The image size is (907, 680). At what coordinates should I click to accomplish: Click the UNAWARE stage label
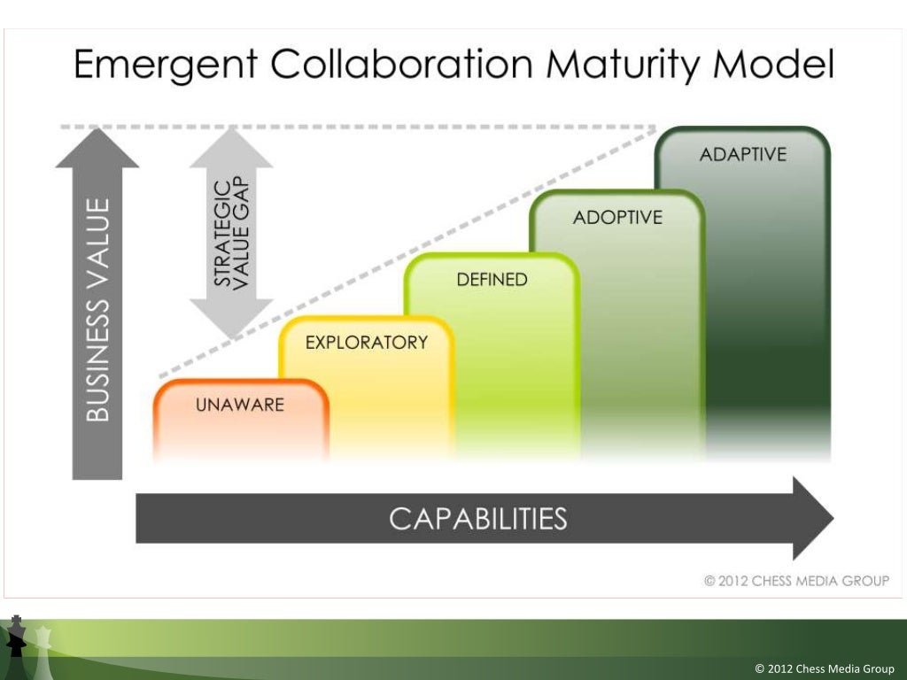point(240,406)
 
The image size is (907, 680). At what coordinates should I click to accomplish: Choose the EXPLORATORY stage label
point(366,343)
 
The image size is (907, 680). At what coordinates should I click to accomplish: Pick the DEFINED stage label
point(492,280)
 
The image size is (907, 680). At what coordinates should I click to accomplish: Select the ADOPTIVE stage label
point(617,217)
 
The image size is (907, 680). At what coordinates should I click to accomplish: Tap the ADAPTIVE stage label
point(742,154)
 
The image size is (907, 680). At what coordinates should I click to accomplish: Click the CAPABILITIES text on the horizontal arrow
point(477,518)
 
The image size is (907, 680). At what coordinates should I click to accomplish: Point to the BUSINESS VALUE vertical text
point(97,310)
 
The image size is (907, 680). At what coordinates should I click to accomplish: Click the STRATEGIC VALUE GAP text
point(232,233)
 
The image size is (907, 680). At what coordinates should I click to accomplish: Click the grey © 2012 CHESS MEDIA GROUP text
point(796,581)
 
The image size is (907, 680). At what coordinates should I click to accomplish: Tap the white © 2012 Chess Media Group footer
point(824,668)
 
